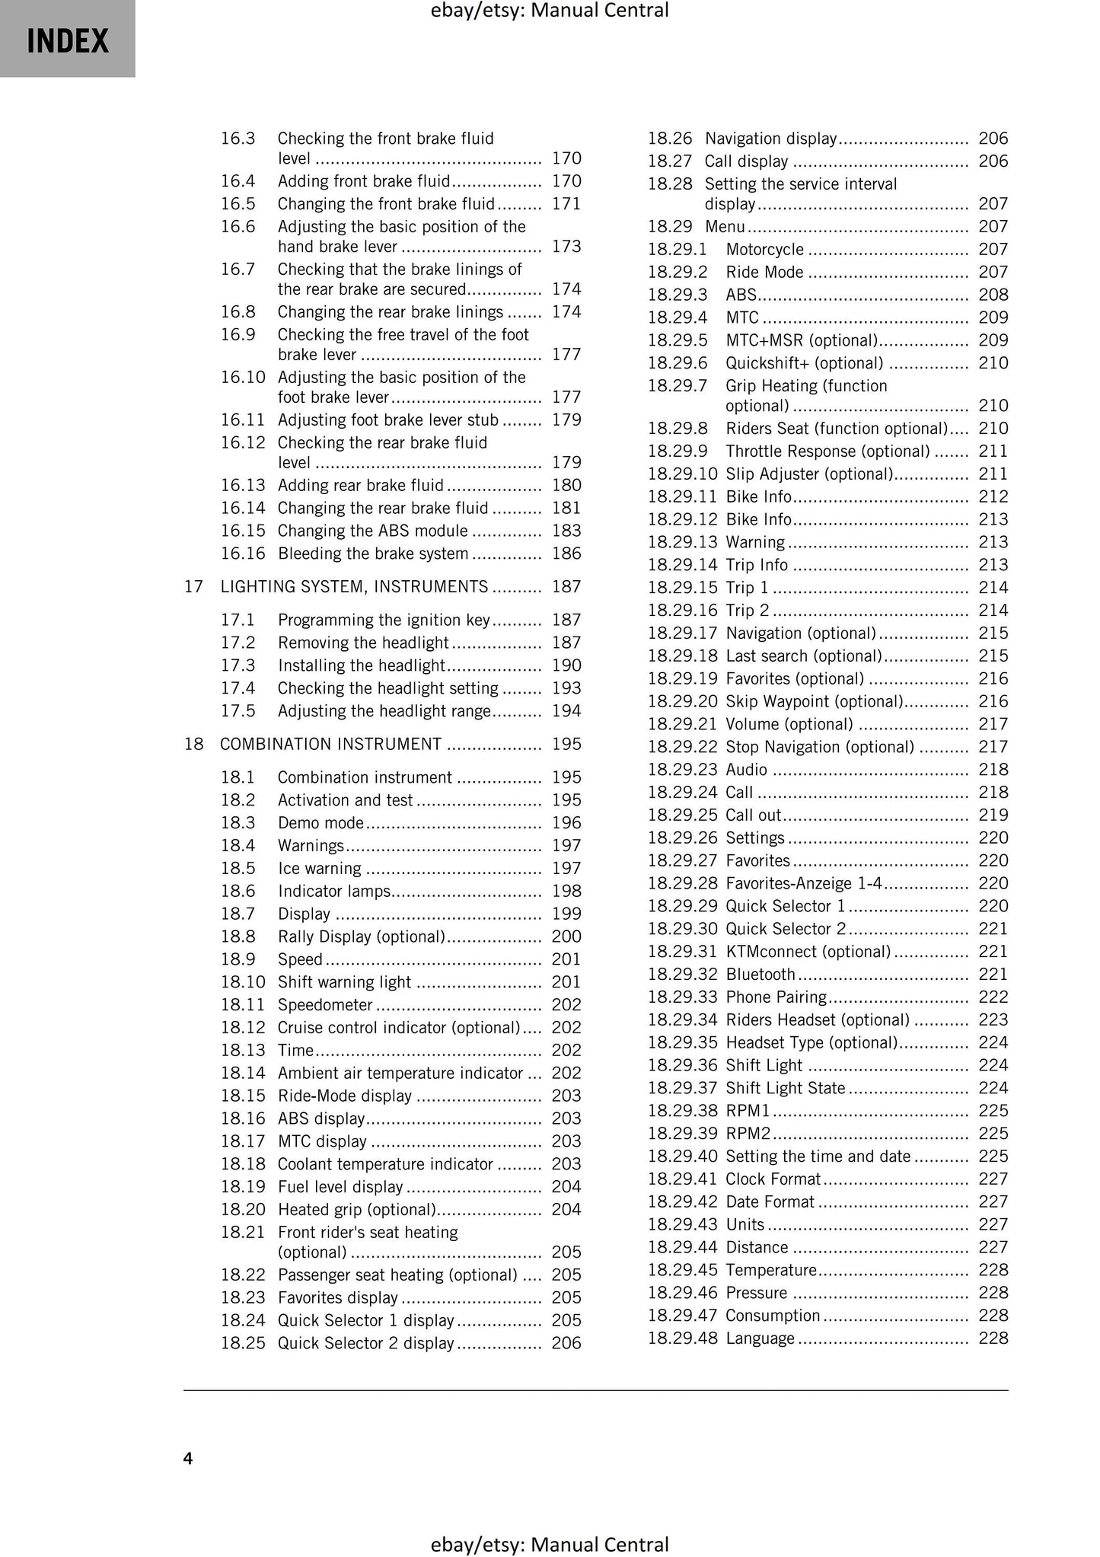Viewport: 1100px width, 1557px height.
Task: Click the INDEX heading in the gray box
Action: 68,40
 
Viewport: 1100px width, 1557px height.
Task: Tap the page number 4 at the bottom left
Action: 188,1458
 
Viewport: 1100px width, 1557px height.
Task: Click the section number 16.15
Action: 243,531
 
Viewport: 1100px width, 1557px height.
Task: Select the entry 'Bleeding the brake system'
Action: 372,554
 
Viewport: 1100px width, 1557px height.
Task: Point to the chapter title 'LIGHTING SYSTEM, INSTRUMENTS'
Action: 354,586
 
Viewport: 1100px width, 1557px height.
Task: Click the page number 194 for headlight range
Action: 566,710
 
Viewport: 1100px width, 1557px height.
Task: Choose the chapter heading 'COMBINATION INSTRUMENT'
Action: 330,744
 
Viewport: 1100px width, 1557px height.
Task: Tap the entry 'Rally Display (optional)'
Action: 361,936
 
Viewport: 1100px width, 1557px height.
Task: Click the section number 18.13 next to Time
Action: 243,1050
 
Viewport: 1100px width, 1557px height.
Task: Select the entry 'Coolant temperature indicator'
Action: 385,1163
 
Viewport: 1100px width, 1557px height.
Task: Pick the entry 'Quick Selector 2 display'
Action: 365,1342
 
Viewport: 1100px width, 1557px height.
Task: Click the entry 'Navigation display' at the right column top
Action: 770,139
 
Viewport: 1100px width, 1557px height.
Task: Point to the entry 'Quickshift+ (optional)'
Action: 804,363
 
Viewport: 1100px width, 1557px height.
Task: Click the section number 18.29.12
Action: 682,519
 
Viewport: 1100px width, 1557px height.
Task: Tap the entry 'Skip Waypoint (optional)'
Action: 814,701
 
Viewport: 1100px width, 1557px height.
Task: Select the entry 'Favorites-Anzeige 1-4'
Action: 804,883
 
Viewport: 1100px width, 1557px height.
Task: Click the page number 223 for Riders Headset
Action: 993,1019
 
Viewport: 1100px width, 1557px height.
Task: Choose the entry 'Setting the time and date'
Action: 818,1156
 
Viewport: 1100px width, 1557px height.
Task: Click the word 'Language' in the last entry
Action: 760,1338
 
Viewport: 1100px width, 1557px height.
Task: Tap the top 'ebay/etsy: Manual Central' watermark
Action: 550,11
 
